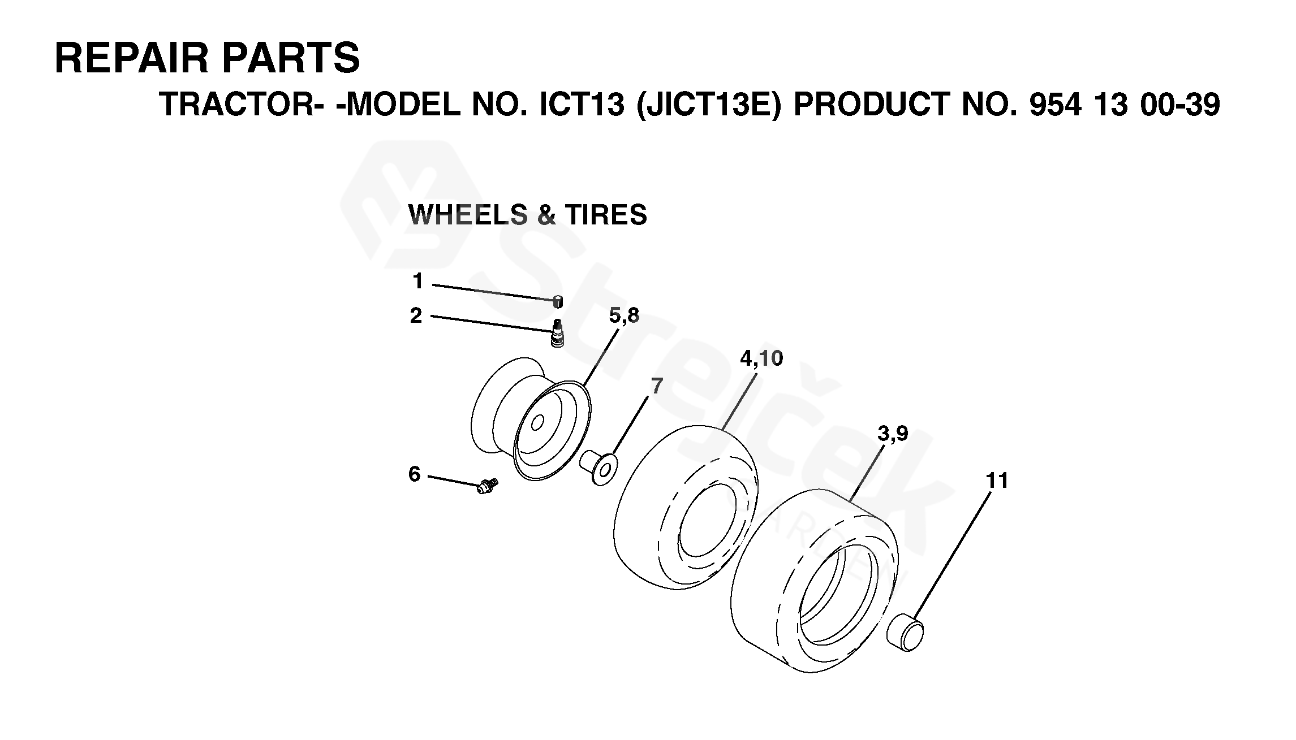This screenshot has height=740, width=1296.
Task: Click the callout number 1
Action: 418,281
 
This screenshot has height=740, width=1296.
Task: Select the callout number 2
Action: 416,315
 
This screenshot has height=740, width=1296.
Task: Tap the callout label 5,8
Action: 624,316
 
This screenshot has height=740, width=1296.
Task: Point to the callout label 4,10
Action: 761,358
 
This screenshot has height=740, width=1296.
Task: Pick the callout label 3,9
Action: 893,434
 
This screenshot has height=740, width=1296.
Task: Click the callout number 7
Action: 656,387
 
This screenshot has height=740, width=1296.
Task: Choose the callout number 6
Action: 415,474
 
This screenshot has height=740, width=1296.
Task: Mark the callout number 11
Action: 997,481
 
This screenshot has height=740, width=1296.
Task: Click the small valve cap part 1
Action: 558,301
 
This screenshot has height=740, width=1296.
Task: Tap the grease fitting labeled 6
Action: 486,486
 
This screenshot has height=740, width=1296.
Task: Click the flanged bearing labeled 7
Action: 600,466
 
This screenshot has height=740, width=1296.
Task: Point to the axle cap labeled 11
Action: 906,635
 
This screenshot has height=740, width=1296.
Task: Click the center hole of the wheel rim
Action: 538,422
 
